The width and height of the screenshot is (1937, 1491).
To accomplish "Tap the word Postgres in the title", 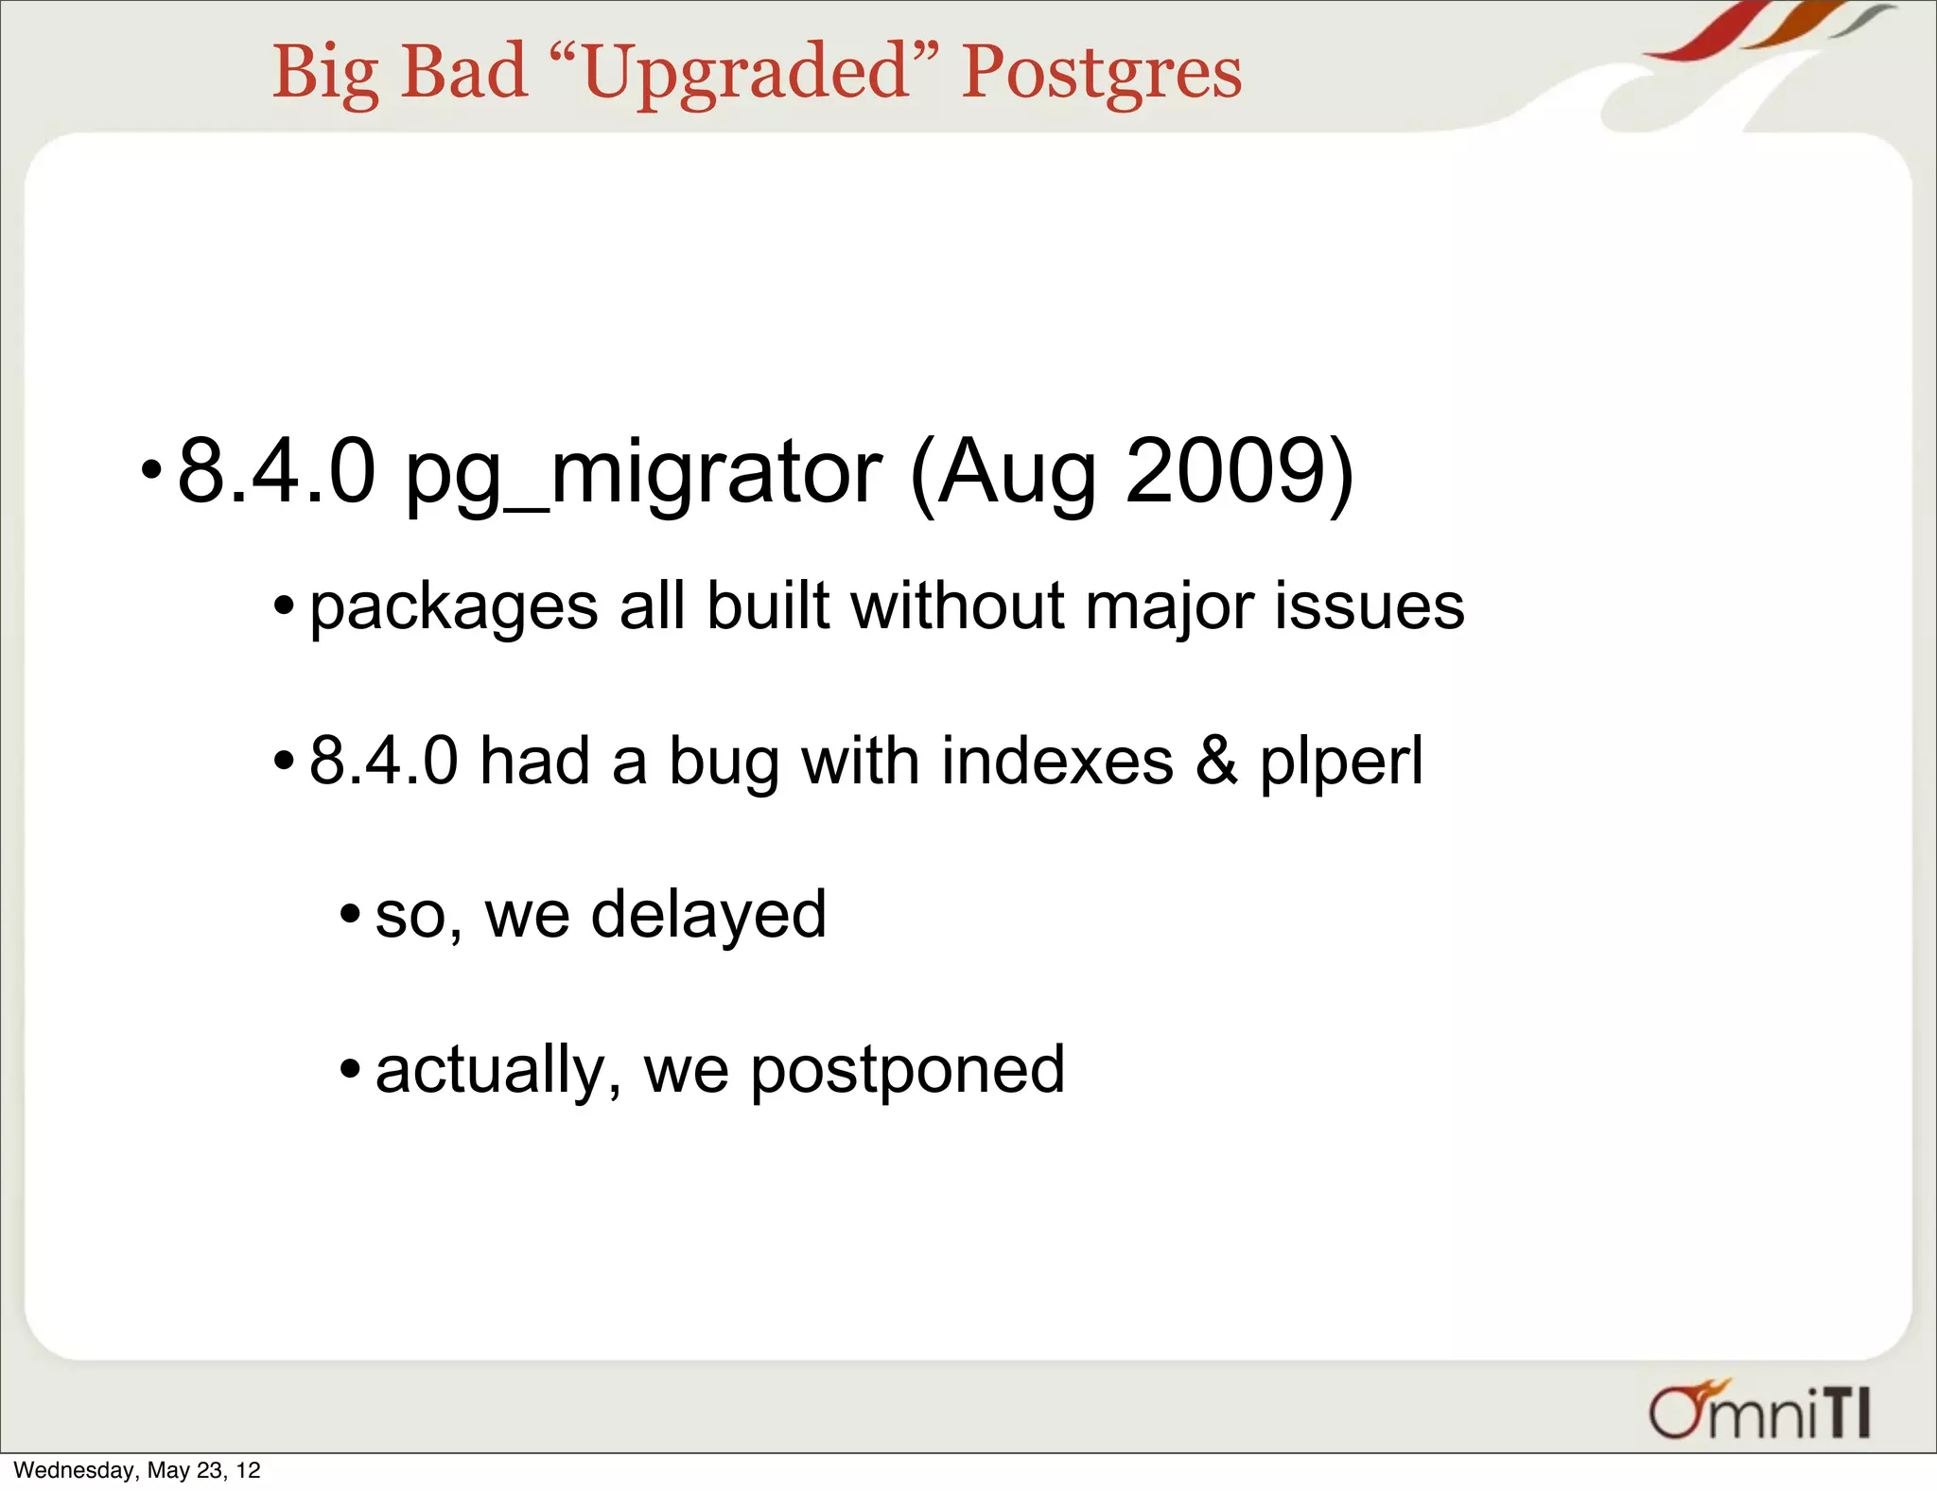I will tap(1101, 74).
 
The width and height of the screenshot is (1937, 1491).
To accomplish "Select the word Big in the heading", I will tap(325, 74).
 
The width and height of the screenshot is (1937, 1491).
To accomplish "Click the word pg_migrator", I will tap(643, 473).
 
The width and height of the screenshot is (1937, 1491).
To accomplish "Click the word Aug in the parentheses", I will tap(1016, 473).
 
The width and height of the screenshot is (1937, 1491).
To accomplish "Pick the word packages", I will tap(454, 607).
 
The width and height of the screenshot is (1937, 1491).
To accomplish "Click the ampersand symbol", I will tap(1216, 761).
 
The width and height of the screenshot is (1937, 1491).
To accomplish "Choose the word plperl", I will tap(1340, 763).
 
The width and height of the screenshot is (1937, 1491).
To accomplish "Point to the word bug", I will tap(724, 763).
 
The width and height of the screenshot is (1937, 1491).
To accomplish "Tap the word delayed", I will tap(708, 915).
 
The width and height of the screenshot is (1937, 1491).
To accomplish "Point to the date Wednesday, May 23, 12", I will tap(137, 1470).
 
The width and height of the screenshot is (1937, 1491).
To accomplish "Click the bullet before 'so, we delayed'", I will tap(350, 915).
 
